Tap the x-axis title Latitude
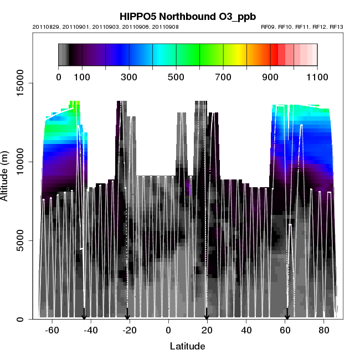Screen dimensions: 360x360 coord(187,346)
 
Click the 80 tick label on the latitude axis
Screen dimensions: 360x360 coord(325,331)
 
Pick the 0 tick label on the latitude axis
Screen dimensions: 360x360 coord(168,331)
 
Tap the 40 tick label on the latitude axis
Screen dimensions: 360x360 coord(246,331)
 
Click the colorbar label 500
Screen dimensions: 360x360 coord(176,77)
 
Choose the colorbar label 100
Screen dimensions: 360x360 coord(82,77)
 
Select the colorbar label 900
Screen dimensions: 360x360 coord(270,77)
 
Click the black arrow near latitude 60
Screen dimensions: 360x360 coord(287,315)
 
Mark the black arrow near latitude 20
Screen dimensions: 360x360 coord(207,315)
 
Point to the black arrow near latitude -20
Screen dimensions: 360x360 coord(127,315)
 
